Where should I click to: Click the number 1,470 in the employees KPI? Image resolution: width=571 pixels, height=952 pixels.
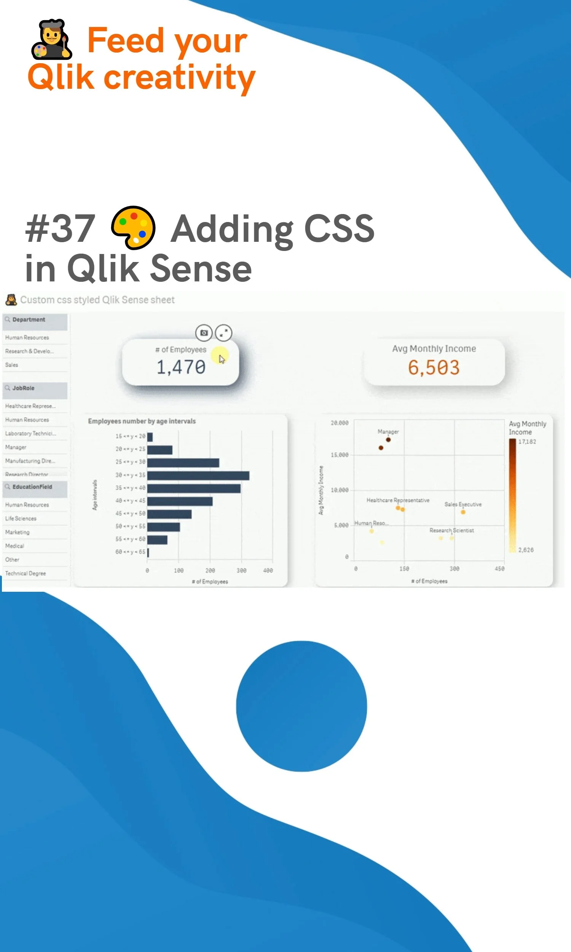point(181,367)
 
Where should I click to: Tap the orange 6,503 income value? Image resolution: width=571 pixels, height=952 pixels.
point(434,367)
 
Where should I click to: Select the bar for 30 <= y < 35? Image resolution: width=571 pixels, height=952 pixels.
point(198,476)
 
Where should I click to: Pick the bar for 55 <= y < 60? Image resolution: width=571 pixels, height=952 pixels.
point(157,540)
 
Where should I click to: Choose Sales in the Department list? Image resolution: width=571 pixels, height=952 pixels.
point(12,365)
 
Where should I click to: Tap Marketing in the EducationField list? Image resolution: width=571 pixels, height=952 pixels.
point(17,532)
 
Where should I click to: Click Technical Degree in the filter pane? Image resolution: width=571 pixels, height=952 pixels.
point(26,573)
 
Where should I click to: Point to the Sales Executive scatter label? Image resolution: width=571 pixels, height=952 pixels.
point(463,505)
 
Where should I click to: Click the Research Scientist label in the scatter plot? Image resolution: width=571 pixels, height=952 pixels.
point(451,530)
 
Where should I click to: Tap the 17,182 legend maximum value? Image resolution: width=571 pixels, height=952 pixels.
point(527,442)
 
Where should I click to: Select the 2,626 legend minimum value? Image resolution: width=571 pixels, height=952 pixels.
point(526,550)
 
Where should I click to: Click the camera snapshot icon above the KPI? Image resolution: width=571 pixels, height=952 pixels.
point(204,333)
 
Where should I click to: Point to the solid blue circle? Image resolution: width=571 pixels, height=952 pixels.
point(301,706)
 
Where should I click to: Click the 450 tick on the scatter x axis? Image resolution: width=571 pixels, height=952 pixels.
point(499,569)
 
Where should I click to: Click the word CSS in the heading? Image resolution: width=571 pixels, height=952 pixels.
point(339,228)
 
